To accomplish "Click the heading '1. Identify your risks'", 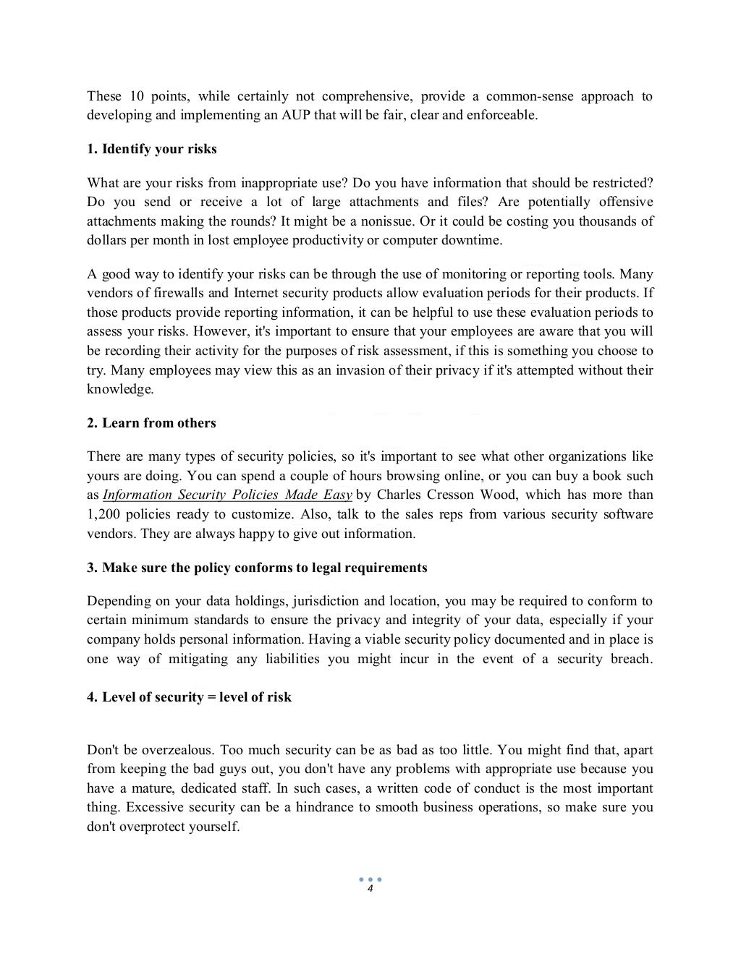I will (x=152, y=149).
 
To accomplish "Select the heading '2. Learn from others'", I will (x=151, y=423).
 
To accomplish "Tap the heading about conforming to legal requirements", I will (x=257, y=568).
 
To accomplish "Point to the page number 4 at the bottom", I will (x=370, y=889).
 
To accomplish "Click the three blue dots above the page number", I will (x=370, y=879).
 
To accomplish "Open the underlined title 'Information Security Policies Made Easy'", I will (x=227, y=495).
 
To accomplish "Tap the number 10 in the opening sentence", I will (x=137, y=96).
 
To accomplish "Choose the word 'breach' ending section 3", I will (x=630, y=659).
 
